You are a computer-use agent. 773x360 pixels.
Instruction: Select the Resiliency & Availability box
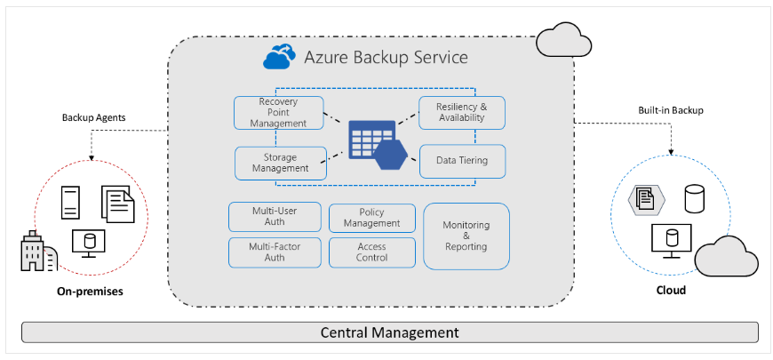[461, 112]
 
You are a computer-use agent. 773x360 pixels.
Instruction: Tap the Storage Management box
[280, 163]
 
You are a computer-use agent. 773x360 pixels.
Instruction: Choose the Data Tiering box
[461, 161]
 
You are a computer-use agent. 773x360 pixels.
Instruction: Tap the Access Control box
[372, 252]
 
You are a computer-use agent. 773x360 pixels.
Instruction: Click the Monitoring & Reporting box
[466, 236]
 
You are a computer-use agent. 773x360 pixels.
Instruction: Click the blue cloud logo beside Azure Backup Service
[279, 58]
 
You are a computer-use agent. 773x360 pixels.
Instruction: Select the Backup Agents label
[93, 117]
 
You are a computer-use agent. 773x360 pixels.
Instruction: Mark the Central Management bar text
[389, 332]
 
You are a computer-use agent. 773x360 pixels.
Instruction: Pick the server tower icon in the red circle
[72, 202]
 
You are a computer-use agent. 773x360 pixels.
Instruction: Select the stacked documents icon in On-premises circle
[118, 204]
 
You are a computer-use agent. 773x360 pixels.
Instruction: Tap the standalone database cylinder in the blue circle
[695, 198]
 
